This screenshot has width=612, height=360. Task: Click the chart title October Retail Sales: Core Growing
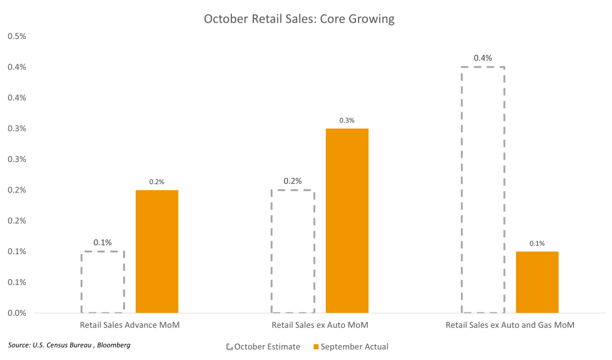(299, 19)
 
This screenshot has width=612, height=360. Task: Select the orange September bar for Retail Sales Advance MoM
(157, 251)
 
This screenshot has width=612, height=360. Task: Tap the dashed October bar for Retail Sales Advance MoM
(103, 282)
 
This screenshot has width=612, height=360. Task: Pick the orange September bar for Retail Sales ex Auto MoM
(347, 220)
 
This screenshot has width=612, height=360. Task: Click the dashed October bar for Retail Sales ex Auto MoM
(293, 251)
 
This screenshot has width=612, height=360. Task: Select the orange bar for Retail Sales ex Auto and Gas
(537, 282)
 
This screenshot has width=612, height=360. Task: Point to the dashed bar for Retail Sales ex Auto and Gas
(484, 190)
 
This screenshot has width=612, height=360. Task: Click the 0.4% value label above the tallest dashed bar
(482, 58)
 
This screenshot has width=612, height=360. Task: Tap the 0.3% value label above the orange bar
(347, 120)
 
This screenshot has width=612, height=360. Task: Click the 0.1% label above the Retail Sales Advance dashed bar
(103, 243)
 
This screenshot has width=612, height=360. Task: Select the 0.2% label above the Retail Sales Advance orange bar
(157, 182)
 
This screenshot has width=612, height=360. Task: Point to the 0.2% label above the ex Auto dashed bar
(293, 181)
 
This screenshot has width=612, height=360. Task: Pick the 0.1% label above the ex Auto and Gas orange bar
(537, 243)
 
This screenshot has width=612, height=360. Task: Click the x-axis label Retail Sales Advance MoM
(130, 326)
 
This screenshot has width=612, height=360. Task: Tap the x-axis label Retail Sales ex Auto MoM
(320, 326)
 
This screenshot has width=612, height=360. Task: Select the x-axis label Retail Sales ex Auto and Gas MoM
(510, 326)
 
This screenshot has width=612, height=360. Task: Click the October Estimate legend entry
(263, 346)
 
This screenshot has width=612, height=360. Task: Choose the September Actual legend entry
(351, 346)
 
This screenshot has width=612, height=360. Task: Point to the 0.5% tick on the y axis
(17, 36)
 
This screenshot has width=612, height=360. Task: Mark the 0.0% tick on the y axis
(17, 313)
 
